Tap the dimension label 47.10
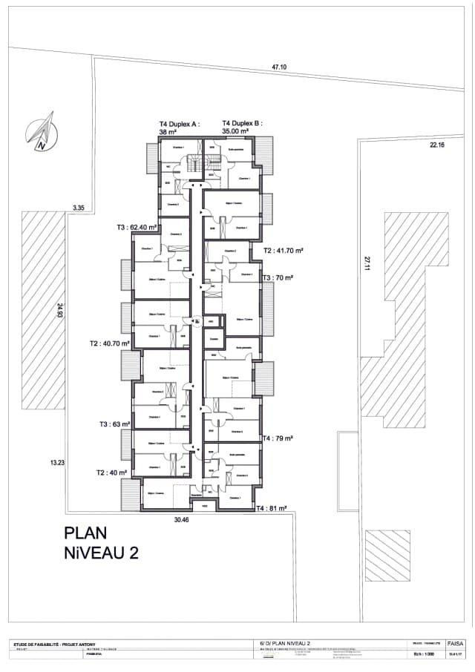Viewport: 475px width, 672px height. pyautogui.click(x=279, y=67)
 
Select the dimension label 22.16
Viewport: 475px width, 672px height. pyautogui.click(x=436, y=145)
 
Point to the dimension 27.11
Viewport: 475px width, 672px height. pyautogui.click(x=366, y=263)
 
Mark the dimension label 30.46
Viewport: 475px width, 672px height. pyautogui.click(x=183, y=520)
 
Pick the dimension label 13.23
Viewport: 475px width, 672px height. pyautogui.click(x=58, y=463)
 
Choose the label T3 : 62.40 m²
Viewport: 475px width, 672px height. pyautogui.click(x=137, y=228)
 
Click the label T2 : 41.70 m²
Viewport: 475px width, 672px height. pyautogui.click(x=284, y=251)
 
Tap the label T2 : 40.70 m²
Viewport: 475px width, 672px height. pyautogui.click(x=110, y=343)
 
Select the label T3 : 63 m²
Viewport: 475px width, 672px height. pyautogui.click(x=115, y=424)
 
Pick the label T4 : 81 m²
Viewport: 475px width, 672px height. pyautogui.click(x=272, y=509)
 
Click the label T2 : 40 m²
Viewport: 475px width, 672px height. pyautogui.click(x=111, y=472)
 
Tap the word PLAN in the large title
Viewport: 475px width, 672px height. pyautogui.click(x=86, y=533)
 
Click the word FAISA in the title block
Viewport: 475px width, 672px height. pyautogui.click(x=456, y=643)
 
